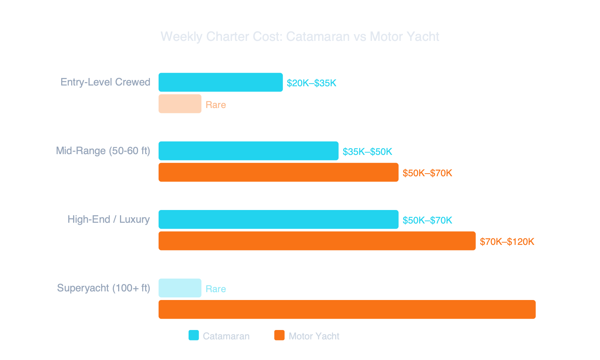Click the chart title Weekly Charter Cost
point(300,37)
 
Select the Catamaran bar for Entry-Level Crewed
point(220,82)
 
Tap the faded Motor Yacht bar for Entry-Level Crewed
point(180,104)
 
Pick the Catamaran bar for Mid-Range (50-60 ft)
point(248,151)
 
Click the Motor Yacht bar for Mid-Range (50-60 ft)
point(278,172)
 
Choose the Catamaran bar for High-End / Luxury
point(278,219)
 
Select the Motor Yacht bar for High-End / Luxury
point(317,241)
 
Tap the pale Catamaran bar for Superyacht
point(180,288)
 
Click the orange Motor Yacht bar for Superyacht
point(347,309)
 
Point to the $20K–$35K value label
point(311,83)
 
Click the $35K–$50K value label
point(367,151)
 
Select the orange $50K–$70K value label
point(427,173)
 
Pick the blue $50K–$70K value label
point(427,220)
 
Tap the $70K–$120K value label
point(507,241)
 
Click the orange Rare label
point(216,105)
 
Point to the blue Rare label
point(216,289)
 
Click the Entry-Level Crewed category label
point(105,82)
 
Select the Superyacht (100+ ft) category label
point(103,288)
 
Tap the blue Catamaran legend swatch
point(193,335)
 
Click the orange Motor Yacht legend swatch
point(279,335)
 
